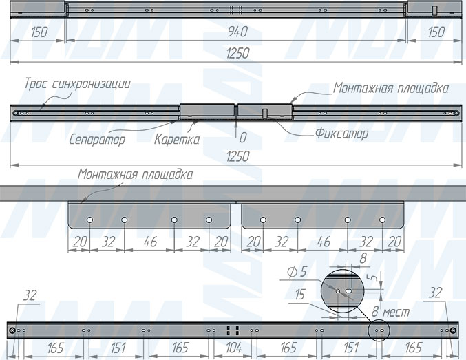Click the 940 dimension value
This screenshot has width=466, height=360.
click(236, 32)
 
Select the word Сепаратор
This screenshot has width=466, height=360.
click(98, 139)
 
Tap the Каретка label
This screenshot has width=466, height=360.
click(177, 139)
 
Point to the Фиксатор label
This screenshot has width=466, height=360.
click(341, 133)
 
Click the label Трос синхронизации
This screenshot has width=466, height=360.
click(77, 83)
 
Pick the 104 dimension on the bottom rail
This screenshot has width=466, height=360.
click(234, 349)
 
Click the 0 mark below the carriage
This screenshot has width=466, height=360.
click(243, 138)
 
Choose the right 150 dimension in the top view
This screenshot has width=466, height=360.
click(435, 32)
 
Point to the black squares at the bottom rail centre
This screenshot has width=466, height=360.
click(232, 330)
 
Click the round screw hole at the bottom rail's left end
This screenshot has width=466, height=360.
click(14, 330)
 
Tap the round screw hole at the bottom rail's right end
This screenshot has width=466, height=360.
click(453, 330)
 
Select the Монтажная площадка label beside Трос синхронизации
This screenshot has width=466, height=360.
click(391, 88)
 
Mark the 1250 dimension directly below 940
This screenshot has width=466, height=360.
click(236, 54)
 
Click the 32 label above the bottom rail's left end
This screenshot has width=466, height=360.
click(30, 297)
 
